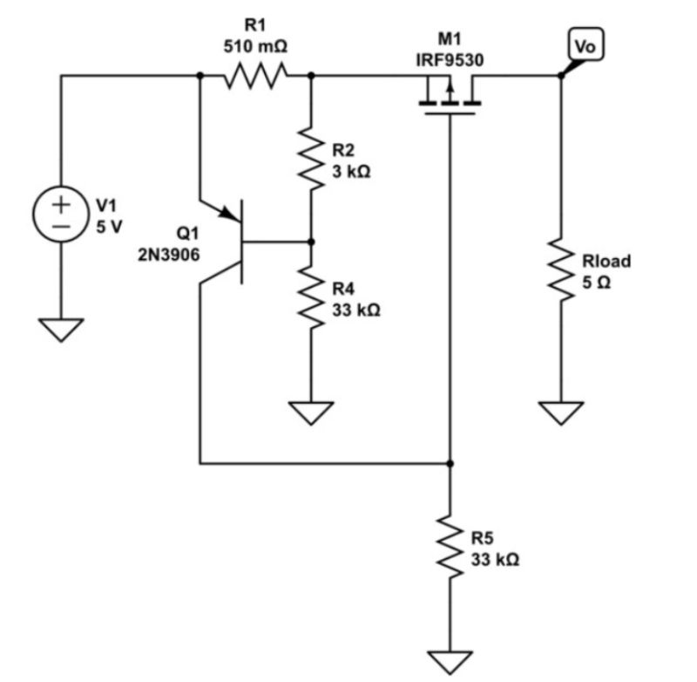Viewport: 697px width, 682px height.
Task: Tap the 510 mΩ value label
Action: [x=255, y=46]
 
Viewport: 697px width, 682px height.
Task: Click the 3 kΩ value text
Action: [x=351, y=172]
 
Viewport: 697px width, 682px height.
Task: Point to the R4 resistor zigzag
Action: [x=311, y=296]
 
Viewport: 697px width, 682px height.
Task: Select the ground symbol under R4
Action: [x=311, y=411]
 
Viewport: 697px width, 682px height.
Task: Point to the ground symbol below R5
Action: [x=450, y=661]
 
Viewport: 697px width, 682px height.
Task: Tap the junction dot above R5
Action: [x=450, y=462]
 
